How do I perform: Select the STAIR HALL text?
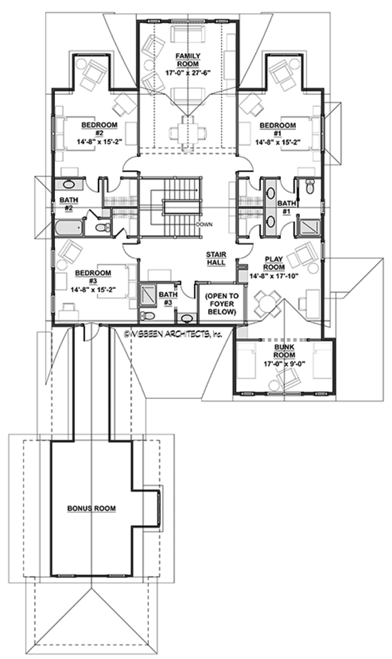[216, 257]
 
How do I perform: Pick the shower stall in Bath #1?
[306, 227]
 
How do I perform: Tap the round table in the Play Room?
[265, 302]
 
